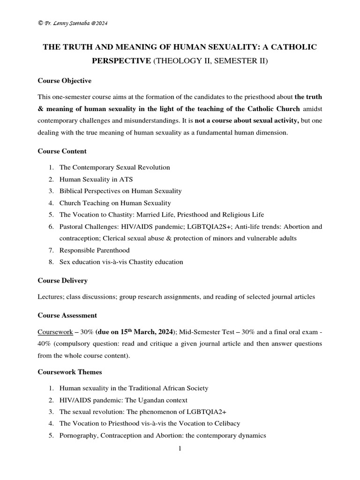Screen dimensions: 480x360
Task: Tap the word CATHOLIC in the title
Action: click(293, 47)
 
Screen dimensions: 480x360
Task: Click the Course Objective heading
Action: click(64, 81)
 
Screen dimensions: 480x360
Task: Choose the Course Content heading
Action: click(62, 151)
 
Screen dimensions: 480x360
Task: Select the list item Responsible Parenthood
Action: click(94, 250)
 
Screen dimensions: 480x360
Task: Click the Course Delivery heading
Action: click(62, 280)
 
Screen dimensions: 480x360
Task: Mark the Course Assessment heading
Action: click(67, 315)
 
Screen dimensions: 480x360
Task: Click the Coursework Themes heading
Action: click(69, 372)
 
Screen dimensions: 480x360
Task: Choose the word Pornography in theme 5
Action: click(77, 435)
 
